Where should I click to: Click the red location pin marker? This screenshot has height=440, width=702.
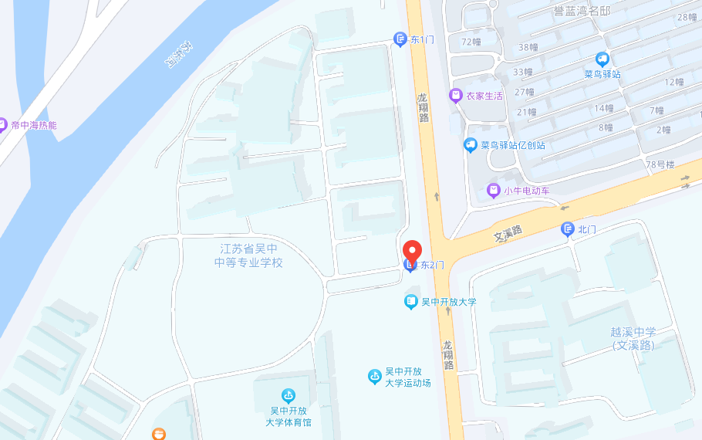(413, 252)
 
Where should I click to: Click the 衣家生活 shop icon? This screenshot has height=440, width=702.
(456, 96)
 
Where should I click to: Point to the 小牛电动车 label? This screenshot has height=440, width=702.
(527, 190)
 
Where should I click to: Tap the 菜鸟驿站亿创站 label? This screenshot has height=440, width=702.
(513, 144)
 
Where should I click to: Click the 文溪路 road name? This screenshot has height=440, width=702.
(508, 231)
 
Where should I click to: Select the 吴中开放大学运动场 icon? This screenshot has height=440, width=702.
(375, 377)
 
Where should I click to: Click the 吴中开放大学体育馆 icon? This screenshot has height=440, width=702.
(289, 396)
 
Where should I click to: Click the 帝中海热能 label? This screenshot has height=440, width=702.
(34, 125)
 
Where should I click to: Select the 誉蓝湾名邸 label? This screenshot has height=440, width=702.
(582, 11)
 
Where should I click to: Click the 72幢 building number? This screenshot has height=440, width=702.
(471, 42)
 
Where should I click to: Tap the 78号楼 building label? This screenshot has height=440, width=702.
(660, 164)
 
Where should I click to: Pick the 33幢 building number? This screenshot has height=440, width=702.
(524, 72)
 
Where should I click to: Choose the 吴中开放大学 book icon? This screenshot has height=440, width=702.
(411, 302)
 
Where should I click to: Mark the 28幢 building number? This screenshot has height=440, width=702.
(687, 17)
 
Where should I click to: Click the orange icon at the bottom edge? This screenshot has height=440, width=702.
(159, 435)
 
